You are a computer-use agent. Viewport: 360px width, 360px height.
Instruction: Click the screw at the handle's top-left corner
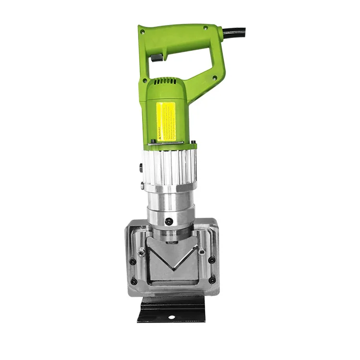143,33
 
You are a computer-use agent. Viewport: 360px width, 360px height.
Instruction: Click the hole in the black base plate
171,317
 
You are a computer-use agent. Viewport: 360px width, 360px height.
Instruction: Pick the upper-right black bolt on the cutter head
211,260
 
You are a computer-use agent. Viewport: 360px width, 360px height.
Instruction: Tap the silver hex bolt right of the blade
201,251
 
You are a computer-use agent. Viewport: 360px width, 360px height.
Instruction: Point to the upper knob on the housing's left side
140,168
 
